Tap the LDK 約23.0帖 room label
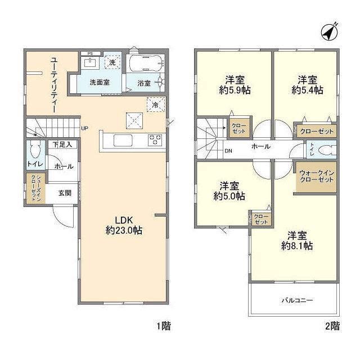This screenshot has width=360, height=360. [x=123, y=224]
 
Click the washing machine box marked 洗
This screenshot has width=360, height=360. [x=113, y=62]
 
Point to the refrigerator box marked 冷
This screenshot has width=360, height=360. [x=154, y=104]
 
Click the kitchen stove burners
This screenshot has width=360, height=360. [x=155, y=139]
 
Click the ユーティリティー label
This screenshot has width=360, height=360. [x=53, y=85]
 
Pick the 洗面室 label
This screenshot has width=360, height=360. [x=100, y=83]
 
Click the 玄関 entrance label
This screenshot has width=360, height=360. [x=64, y=193]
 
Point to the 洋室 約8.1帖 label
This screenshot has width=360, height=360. [x=298, y=240]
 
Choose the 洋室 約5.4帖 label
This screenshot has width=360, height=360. [x=307, y=84]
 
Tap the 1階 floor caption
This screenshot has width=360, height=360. [x=164, y=326]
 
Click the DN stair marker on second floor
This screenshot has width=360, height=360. [x=228, y=151]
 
